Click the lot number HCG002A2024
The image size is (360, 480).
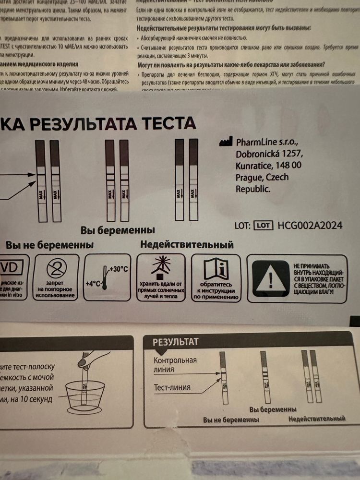click(310, 225)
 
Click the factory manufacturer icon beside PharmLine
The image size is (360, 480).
click(226, 143)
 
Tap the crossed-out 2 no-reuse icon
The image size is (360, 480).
click(56, 269)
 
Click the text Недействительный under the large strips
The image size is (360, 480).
click(187, 245)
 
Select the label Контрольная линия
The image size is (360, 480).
click(175, 365)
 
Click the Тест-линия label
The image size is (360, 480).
click(172, 387)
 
